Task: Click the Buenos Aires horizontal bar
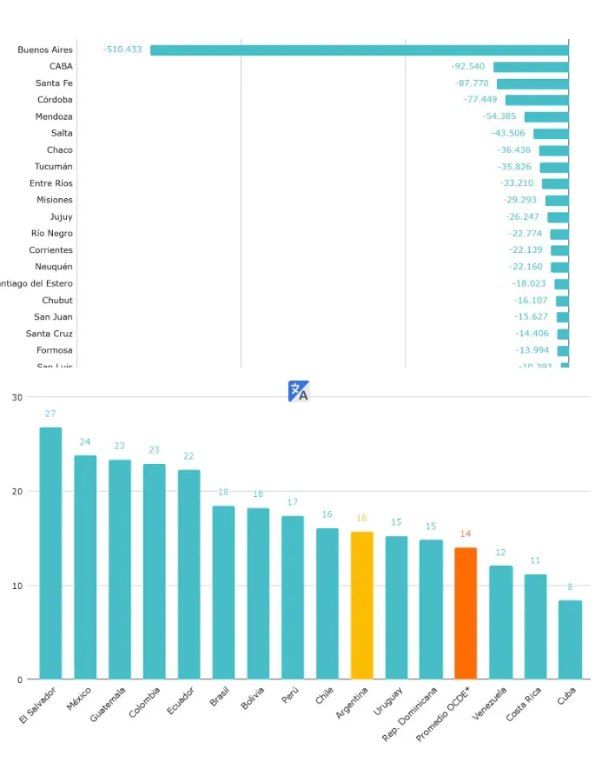tap(359, 50)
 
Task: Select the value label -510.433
tap(122, 50)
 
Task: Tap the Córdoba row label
tap(55, 100)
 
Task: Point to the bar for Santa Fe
tap(532, 83)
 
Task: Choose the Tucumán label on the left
tap(54, 167)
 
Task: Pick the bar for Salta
tap(551, 134)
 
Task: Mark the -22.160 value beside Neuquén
tap(526, 267)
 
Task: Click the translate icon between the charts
tap(299, 392)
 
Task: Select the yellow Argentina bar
tap(361, 605)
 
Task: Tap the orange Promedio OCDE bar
tap(466, 613)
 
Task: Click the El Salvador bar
tap(50, 553)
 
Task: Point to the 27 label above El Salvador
tap(50, 414)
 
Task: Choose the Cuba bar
tap(570, 640)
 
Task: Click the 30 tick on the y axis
tap(17, 398)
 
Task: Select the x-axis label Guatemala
tap(109, 704)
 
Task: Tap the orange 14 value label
tap(466, 533)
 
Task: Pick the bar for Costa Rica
tap(535, 626)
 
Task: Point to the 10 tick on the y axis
tap(17, 586)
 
